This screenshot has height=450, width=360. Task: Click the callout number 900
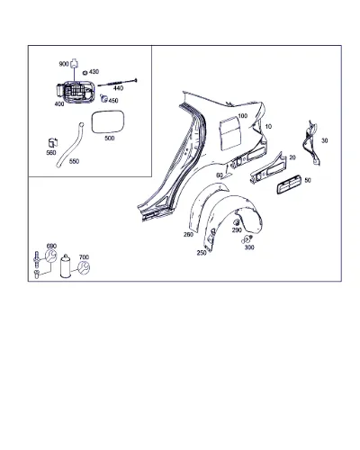click(x=64, y=64)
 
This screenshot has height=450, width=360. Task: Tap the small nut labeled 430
click(x=85, y=73)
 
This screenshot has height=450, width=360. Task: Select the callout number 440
click(x=118, y=88)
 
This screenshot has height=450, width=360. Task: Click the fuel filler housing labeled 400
click(x=75, y=91)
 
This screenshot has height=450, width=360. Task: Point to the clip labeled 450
click(x=104, y=98)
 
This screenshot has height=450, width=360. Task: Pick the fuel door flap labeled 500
click(x=108, y=122)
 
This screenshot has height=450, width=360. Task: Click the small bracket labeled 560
click(x=53, y=142)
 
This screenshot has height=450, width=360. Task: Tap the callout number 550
click(x=74, y=161)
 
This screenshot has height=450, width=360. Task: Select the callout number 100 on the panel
click(x=243, y=116)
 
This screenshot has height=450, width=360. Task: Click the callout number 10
click(x=268, y=127)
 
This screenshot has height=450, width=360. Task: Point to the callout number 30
click(x=325, y=140)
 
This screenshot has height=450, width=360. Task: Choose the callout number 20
click(x=292, y=157)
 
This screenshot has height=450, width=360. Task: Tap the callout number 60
click(x=220, y=175)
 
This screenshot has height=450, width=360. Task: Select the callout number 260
click(x=188, y=234)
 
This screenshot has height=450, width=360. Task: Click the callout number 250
click(x=202, y=253)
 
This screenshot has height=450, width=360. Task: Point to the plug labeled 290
click(x=237, y=222)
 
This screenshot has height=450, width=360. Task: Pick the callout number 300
click(x=249, y=247)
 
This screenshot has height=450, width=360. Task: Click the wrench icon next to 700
click(x=84, y=267)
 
